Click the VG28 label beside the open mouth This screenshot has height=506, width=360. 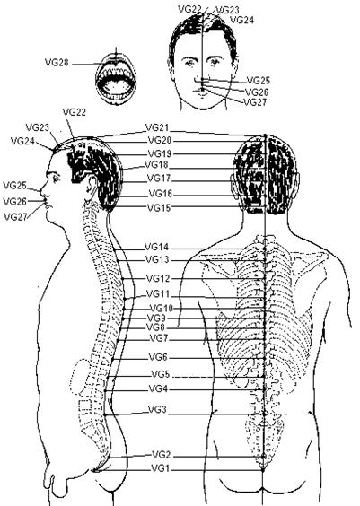(x=57, y=62)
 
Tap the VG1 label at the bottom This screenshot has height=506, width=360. (x=160, y=468)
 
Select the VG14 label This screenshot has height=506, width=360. (x=156, y=248)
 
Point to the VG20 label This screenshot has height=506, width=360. (x=160, y=140)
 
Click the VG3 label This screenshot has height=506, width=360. (x=157, y=410)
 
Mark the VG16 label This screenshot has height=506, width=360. (x=161, y=194)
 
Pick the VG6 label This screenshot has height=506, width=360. (x=158, y=357)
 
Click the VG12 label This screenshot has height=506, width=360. (x=158, y=278)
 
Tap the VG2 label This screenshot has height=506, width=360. (x=161, y=455)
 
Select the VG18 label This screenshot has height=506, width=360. (x=156, y=164)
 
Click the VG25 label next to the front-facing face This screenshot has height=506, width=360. (x=259, y=81)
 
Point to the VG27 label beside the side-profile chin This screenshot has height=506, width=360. (x=15, y=217)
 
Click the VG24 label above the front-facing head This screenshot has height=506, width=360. (x=241, y=20)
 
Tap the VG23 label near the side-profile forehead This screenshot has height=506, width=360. (x=38, y=127)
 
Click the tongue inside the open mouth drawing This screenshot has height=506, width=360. (x=115, y=87)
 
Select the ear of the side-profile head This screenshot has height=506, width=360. (x=92, y=185)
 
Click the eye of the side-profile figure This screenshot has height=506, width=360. (x=55, y=178)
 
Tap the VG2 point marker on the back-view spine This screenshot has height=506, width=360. (x=263, y=456)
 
